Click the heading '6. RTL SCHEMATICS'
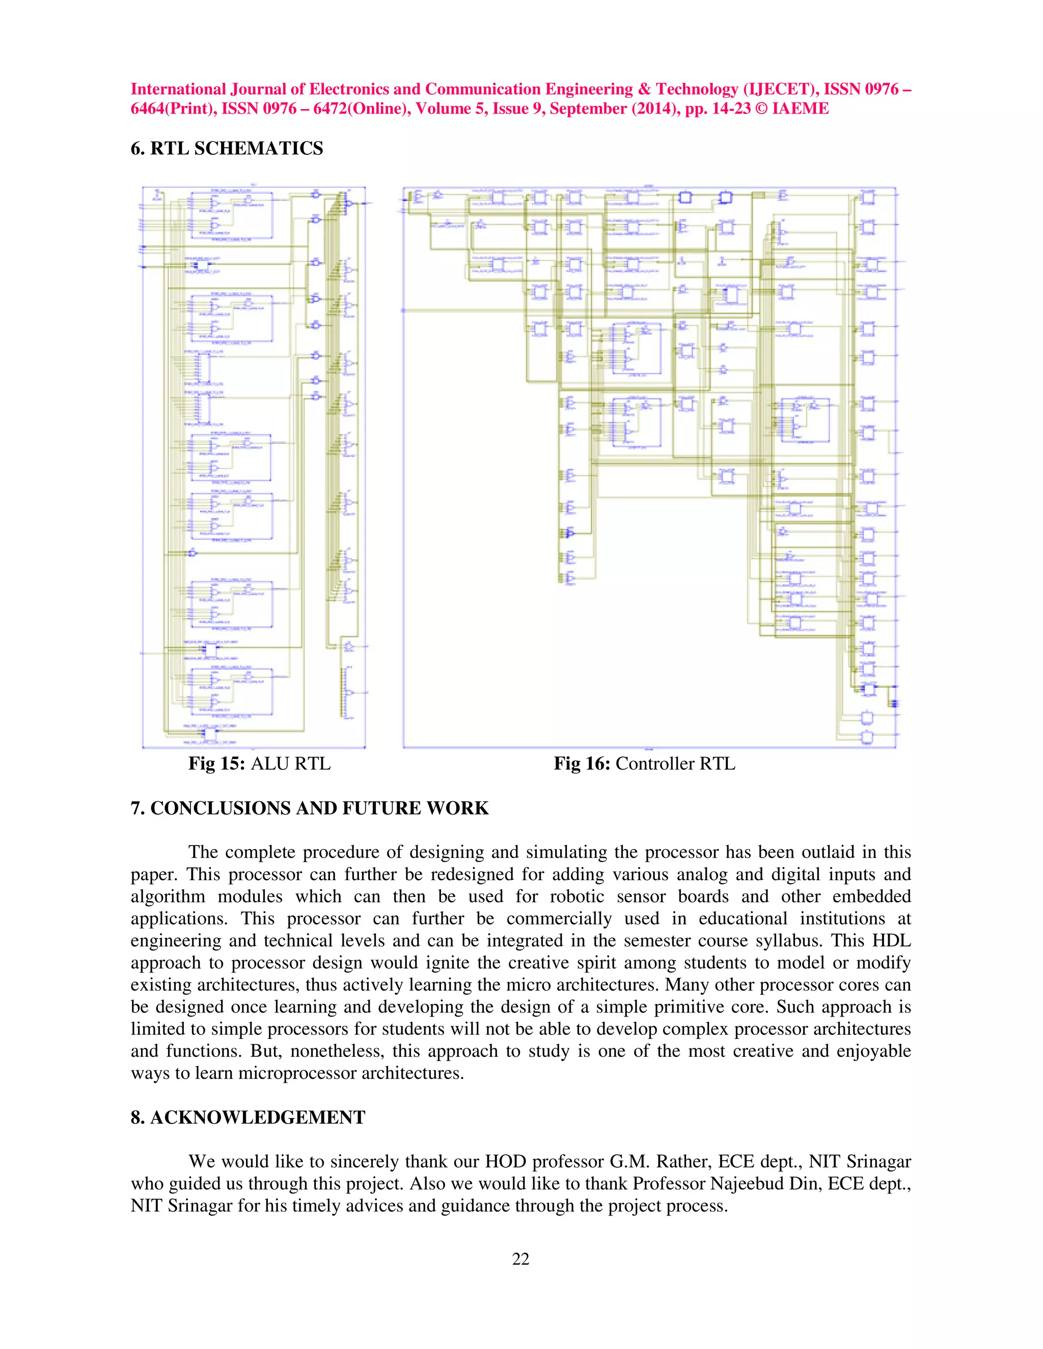click(x=227, y=148)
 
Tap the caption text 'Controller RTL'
click(x=675, y=764)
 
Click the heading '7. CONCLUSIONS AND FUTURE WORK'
click(x=310, y=808)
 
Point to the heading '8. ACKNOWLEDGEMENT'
click(x=248, y=1117)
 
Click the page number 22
click(x=521, y=1259)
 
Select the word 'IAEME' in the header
click(x=800, y=109)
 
